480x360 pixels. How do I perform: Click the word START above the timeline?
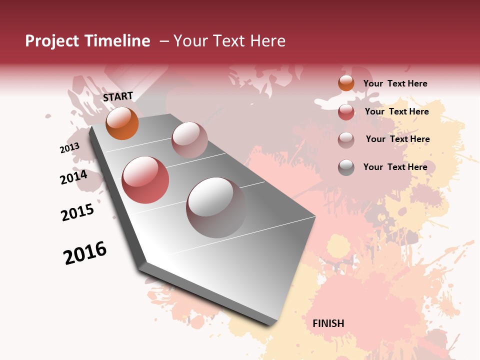pyautogui.click(x=118, y=96)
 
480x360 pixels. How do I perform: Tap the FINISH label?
pyautogui.click(x=328, y=323)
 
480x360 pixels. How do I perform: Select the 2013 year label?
pyautogui.click(x=69, y=148)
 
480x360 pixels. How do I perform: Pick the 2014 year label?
pyautogui.click(x=73, y=177)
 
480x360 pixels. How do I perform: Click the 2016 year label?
pyautogui.click(x=85, y=253)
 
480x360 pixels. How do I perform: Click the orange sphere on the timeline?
pyautogui.click(x=122, y=123)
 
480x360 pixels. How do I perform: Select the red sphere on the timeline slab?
pyautogui.click(x=145, y=180)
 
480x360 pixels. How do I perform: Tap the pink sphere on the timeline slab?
pyautogui.click(x=189, y=140)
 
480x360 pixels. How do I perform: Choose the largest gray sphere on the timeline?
pyautogui.click(x=216, y=207)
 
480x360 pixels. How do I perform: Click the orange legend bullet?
pyautogui.click(x=346, y=83)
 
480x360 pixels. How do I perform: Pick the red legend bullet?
pyautogui.click(x=346, y=112)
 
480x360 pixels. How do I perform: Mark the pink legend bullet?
pyautogui.click(x=346, y=139)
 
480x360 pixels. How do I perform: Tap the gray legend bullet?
pyautogui.click(x=346, y=167)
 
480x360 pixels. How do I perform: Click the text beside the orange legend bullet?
pyautogui.click(x=395, y=83)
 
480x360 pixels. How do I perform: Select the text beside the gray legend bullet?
pyautogui.click(x=395, y=167)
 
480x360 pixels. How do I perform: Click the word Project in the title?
pyautogui.click(x=52, y=41)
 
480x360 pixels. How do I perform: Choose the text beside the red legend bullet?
pyautogui.click(x=396, y=111)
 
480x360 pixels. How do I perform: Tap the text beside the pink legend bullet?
pyautogui.click(x=397, y=139)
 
